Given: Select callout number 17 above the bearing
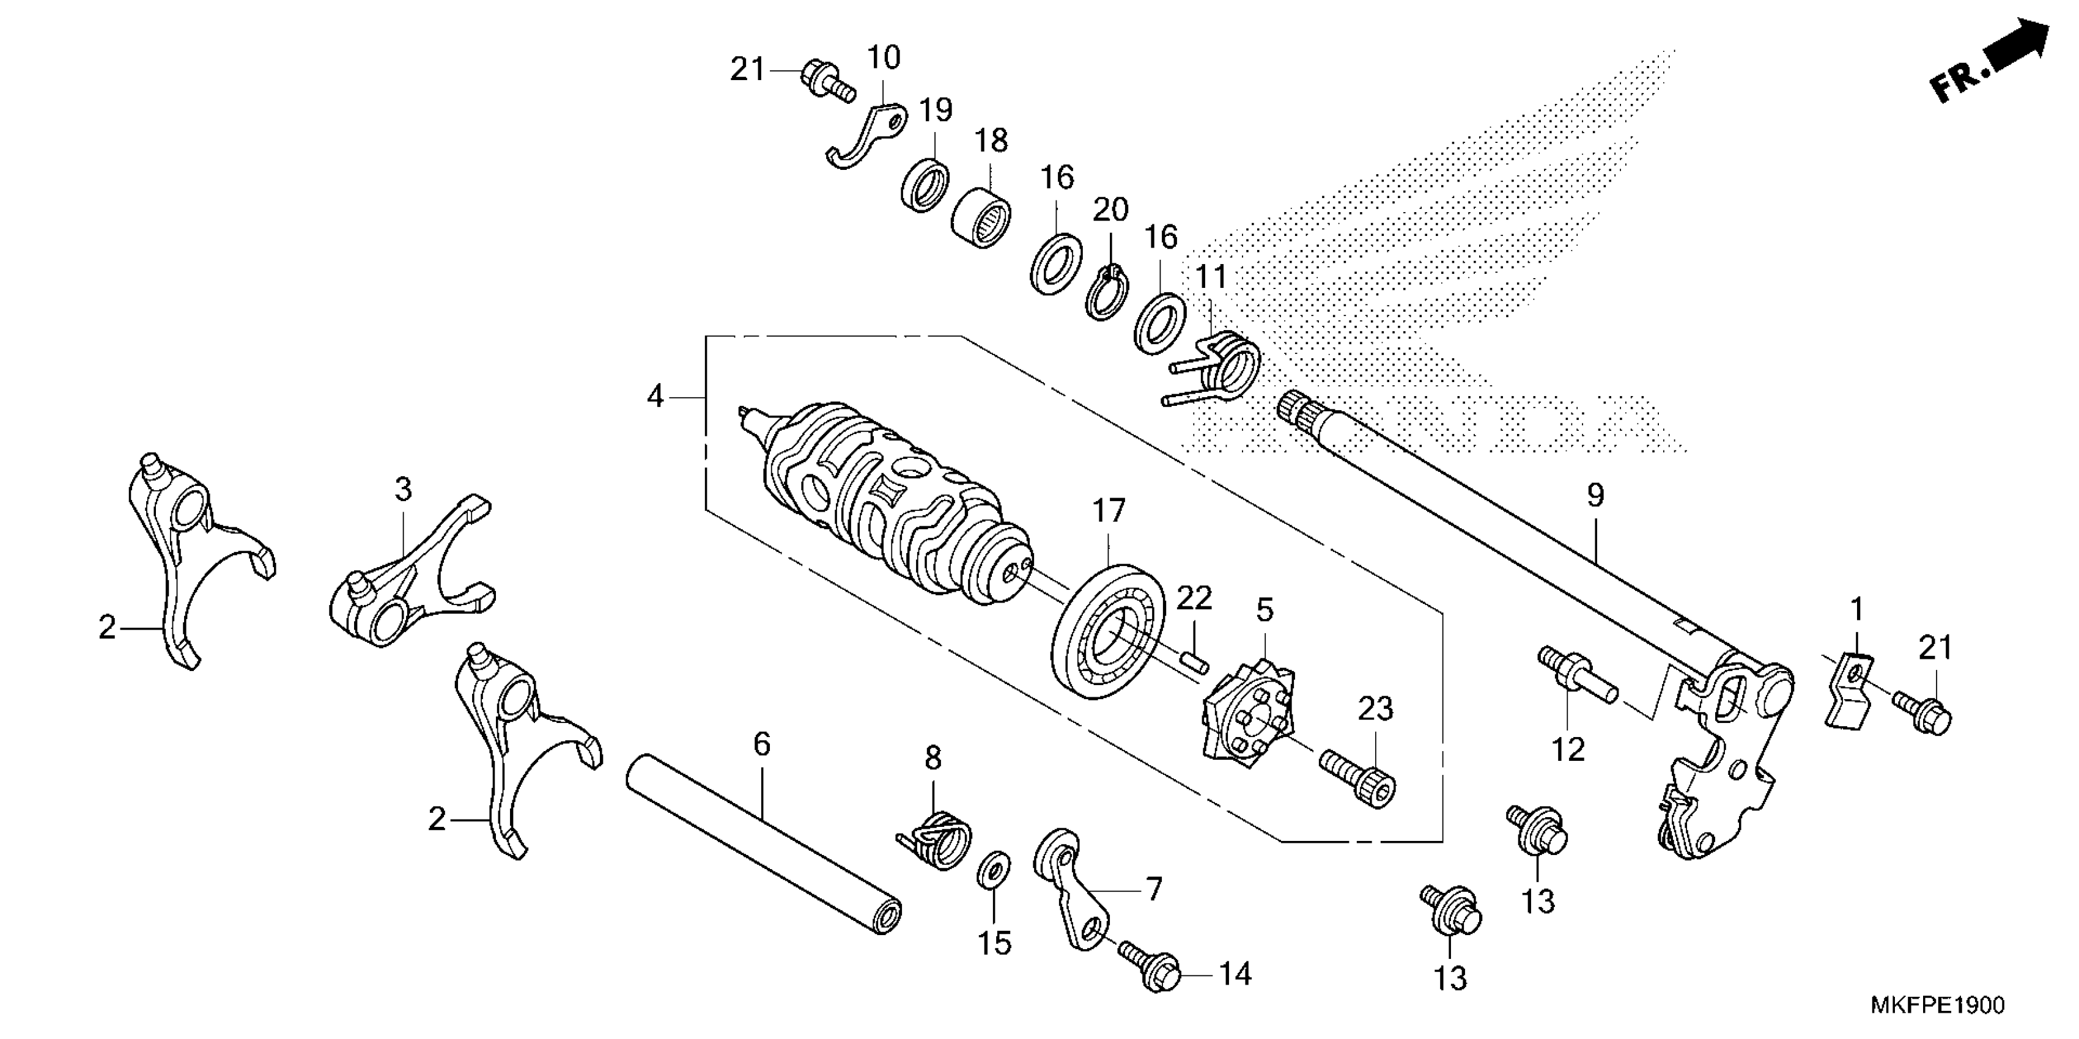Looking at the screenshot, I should point(1108,512).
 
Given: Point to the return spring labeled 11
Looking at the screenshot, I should point(1227,367).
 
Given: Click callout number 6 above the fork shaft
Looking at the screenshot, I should point(762,744).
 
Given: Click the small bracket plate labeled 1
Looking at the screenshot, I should point(1848,689).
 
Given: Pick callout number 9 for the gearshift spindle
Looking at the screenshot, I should point(1595,495).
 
